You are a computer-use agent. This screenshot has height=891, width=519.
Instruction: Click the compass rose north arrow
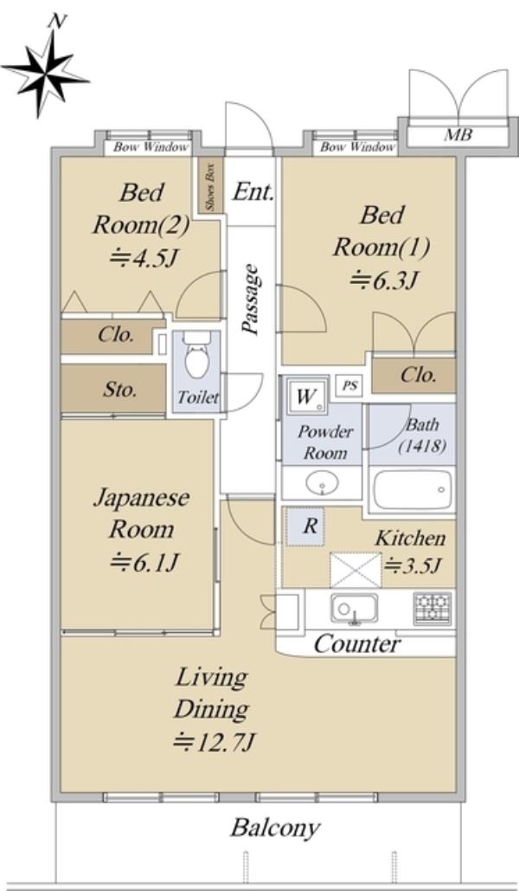pyautogui.click(x=45, y=72)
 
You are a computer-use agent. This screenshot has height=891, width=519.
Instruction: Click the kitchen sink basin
pyautogui.click(x=355, y=609)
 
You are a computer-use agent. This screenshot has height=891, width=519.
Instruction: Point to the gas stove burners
pyautogui.click(x=432, y=607)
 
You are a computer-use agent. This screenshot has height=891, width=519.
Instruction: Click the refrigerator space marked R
pyautogui.click(x=305, y=526)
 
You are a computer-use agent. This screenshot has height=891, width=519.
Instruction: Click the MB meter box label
pyautogui.click(x=458, y=135)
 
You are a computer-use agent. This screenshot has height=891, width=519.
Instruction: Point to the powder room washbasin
pyautogui.click(x=322, y=483)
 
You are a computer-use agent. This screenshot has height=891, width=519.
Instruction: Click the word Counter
pyautogui.click(x=357, y=644)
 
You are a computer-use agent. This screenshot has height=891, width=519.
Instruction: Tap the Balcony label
pyautogui.click(x=275, y=829)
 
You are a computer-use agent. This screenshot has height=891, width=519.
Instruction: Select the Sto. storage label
pyautogui.click(x=120, y=390)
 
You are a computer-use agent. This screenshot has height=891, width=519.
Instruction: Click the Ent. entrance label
pyautogui.click(x=253, y=192)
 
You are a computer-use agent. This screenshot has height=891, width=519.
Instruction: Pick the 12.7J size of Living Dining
pyautogui.click(x=215, y=742)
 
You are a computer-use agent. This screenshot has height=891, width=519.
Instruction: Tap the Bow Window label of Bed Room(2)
pyautogui.click(x=151, y=147)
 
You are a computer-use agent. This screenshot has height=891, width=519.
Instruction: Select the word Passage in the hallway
pyautogui.click(x=251, y=299)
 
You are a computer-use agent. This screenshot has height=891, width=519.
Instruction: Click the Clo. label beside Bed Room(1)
pyautogui.click(x=419, y=374)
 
